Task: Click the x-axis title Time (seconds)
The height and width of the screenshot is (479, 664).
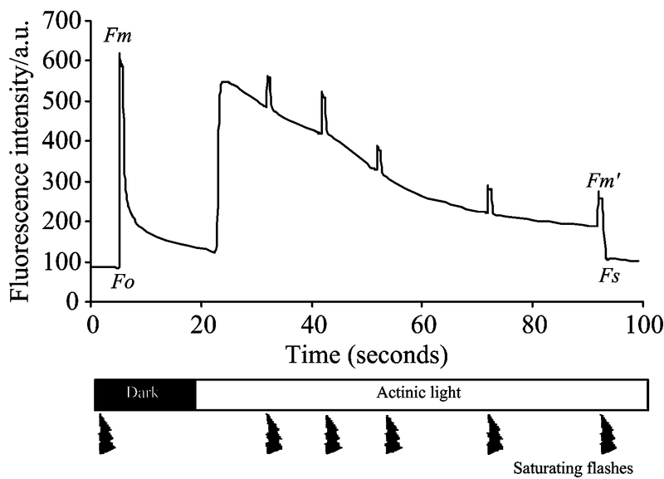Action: pyautogui.click(x=368, y=355)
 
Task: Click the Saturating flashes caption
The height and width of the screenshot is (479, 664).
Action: pyautogui.click(x=574, y=467)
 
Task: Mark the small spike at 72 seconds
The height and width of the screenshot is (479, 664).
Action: pyautogui.click(x=488, y=188)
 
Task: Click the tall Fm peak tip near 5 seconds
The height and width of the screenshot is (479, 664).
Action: pyautogui.click(x=120, y=55)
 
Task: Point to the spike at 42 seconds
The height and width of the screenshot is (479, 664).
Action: pyautogui.click(x=322, y=94)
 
